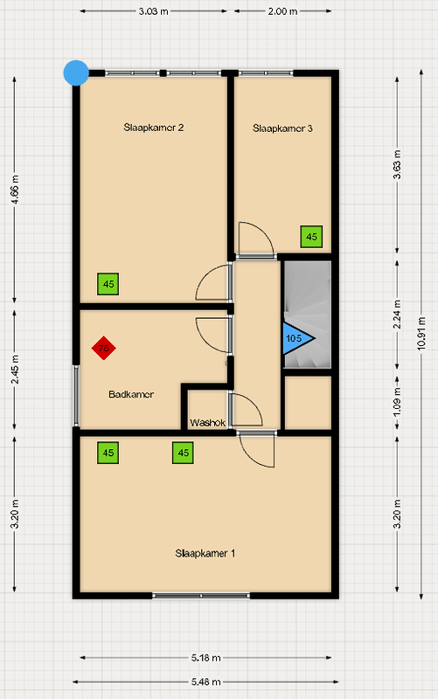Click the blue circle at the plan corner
[76, 73]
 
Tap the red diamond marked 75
[103, 348]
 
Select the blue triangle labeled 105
[296, 338]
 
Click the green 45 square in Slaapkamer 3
[311, 237]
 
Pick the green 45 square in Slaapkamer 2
[108, 284]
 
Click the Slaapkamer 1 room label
[205, 553]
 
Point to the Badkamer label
[131, 394]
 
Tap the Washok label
[208, 423]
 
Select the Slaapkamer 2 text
[154, 128]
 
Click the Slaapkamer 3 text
[282, 128]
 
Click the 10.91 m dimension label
[421, 334]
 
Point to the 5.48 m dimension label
[206, 682]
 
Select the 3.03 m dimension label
[154, 11]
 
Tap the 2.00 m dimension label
[282, 11]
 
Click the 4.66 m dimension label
[15, 190]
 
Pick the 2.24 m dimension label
[397, 315]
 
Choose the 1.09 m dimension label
[397, 401]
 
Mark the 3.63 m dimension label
[397, 164]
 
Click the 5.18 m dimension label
[206, 658]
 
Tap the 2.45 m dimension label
[15, 370]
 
